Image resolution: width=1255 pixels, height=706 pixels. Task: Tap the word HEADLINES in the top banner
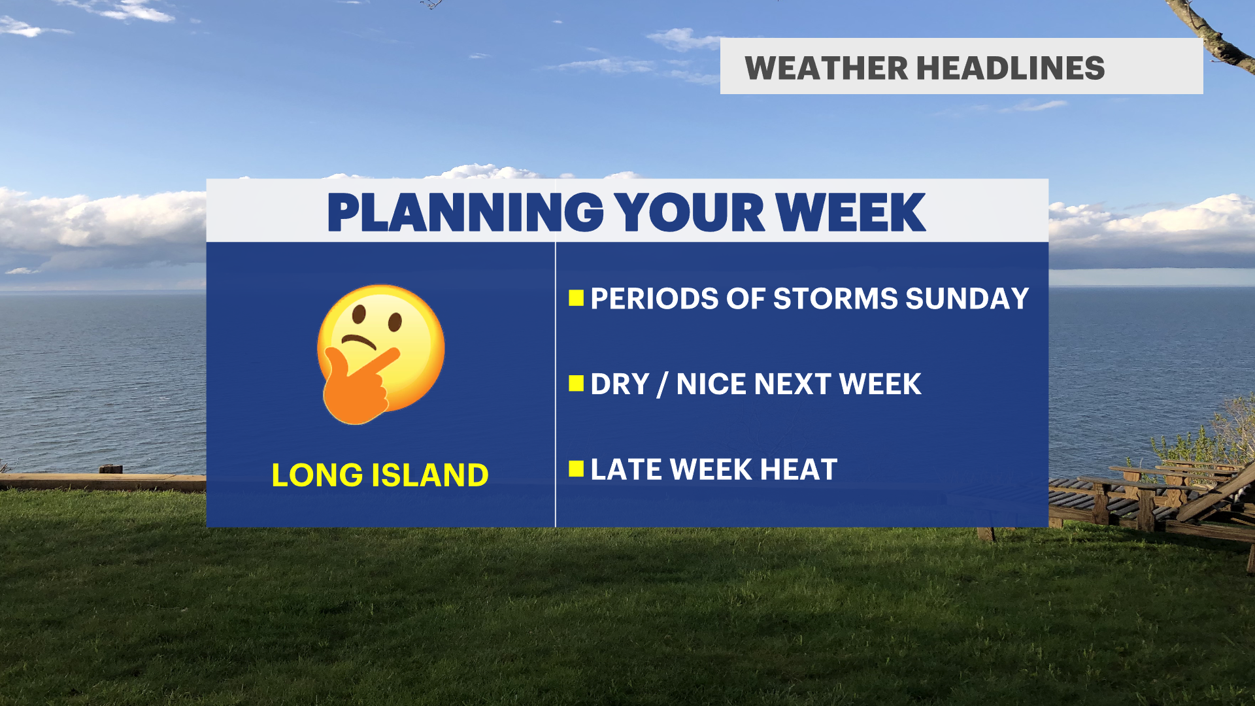[1011, 68]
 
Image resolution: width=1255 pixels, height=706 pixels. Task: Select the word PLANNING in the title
[465, 212]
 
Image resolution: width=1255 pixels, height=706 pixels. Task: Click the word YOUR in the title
[690, 212]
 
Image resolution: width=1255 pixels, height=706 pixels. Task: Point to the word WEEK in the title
[850, 212]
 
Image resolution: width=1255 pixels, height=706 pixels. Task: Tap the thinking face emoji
[380, 354]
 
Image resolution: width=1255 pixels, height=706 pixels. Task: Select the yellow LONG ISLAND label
[380, 475]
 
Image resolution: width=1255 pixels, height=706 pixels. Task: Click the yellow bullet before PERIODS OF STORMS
[576, 298]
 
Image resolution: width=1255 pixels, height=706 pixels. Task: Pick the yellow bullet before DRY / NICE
[576, 383]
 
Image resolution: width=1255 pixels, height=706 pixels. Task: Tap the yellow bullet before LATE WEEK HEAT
[576, 469]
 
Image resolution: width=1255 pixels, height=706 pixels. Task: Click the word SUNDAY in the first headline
[967, 299]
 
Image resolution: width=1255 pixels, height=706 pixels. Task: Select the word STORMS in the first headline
[836, 299]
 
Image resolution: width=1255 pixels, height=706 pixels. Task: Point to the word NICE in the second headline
[712, 384]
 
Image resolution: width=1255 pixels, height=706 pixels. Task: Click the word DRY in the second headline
[620, 384]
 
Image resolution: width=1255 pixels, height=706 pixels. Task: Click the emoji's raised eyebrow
[359, 341]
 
